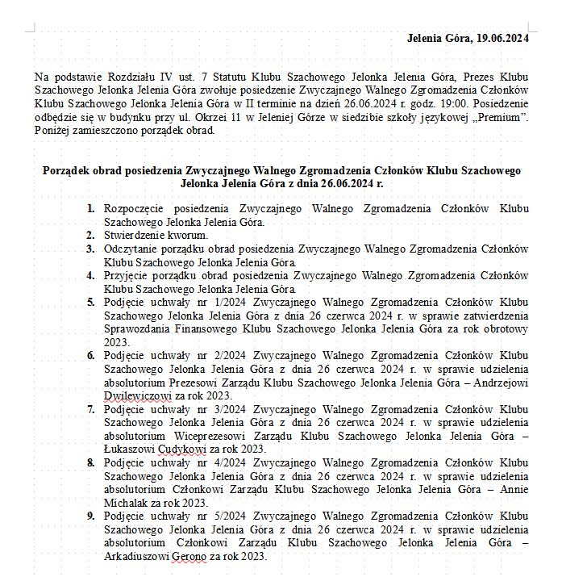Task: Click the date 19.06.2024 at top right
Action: point(502,38)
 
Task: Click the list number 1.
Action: point(91,208)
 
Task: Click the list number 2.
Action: point(91,236)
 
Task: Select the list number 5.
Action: point(91,302)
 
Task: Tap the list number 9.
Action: point(91,515)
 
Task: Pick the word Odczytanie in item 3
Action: point(131,249)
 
